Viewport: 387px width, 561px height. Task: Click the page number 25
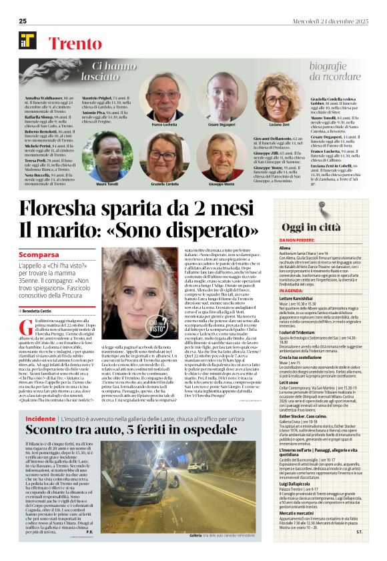[x=22, y=21]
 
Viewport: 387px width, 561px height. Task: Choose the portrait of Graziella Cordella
[x=165, y=157]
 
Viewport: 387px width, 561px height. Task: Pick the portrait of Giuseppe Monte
[x=220, y=157]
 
